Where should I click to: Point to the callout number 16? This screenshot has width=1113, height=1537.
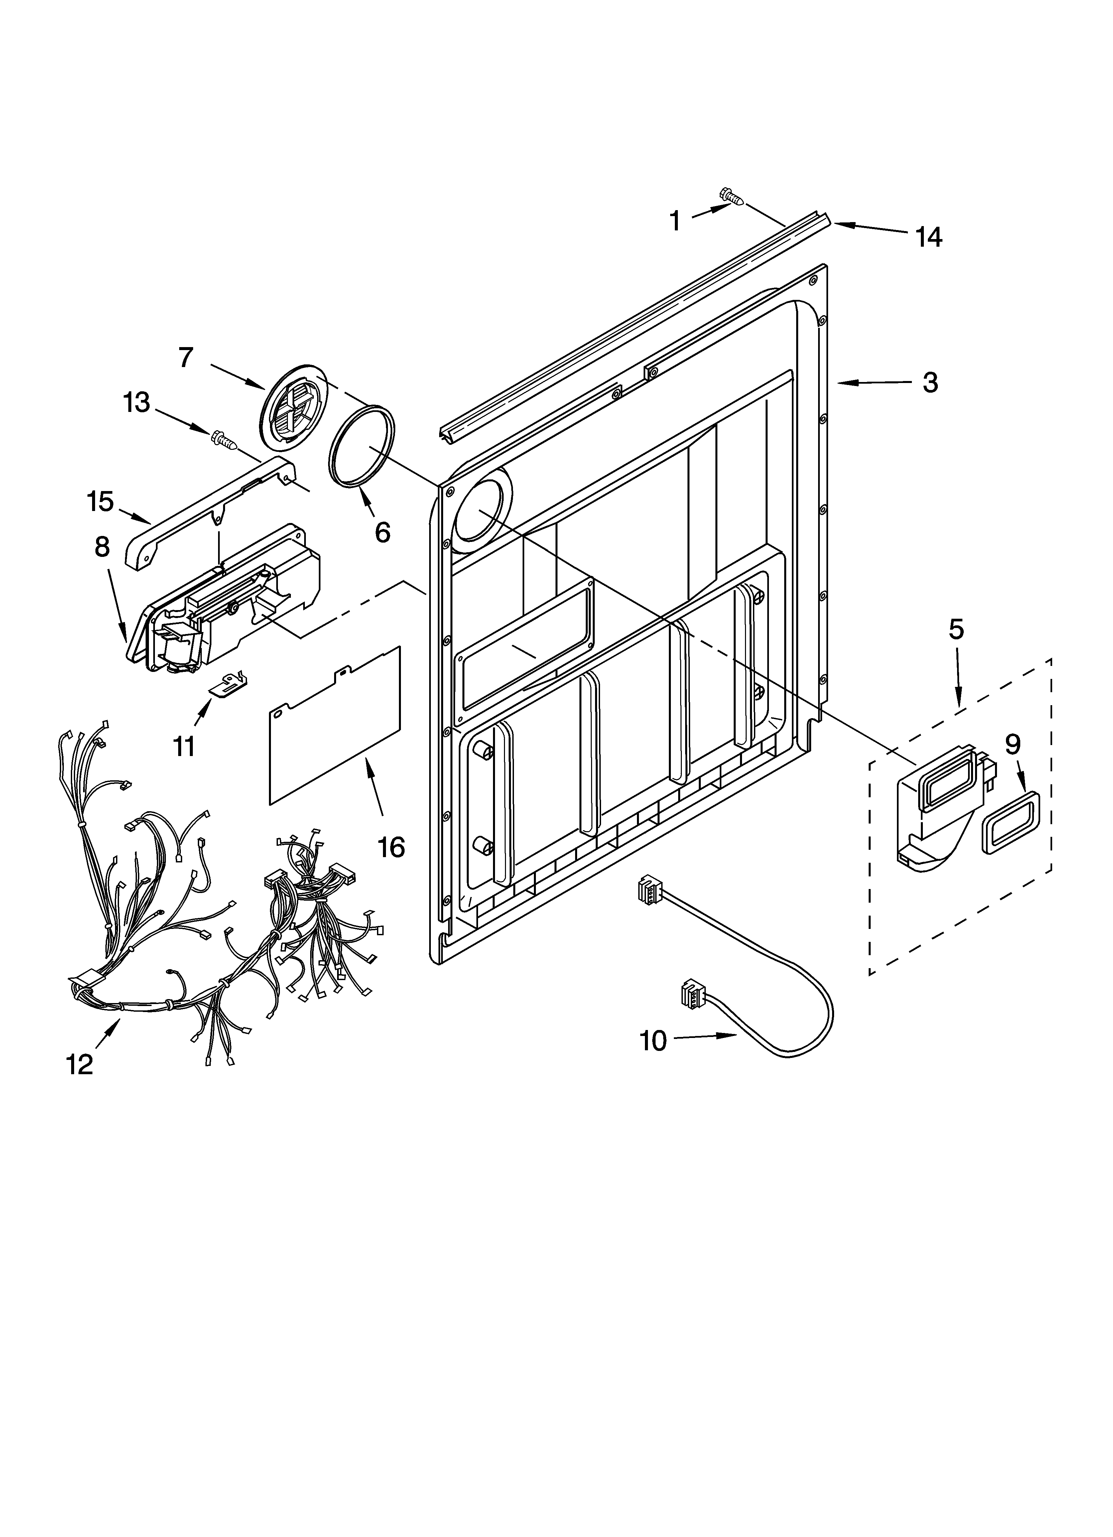coord(391,847)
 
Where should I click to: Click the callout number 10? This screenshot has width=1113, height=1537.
coord(654,1040)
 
